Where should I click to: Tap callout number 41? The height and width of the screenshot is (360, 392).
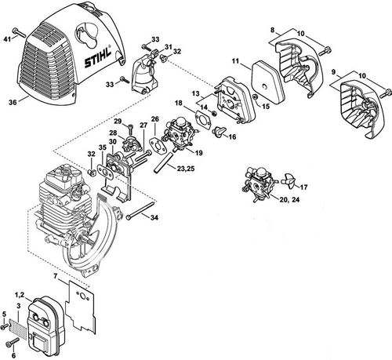click(8, 37)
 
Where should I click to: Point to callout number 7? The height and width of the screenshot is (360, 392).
click(54, 277)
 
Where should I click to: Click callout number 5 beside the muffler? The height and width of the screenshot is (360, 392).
click(5, 315)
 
